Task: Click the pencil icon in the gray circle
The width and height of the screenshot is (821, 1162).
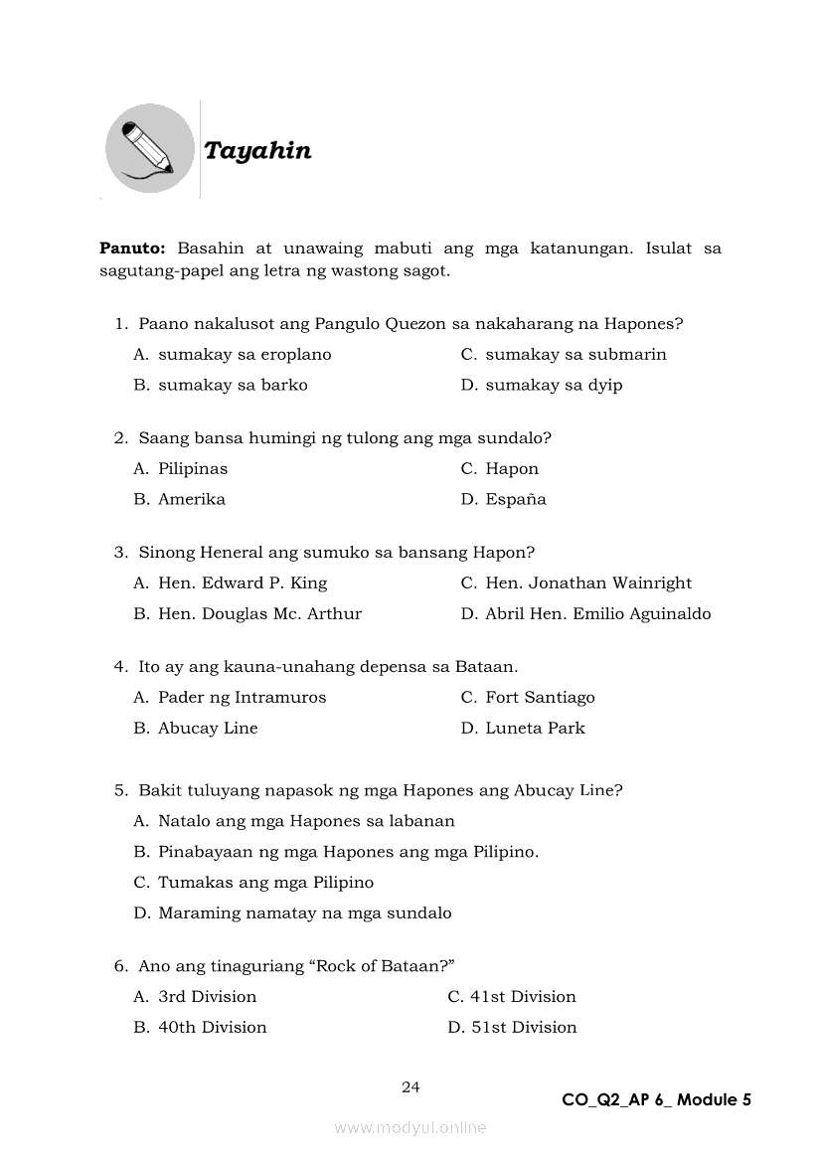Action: click(x=150, y=149)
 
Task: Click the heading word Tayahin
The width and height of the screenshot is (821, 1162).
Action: click(x=257, y=151)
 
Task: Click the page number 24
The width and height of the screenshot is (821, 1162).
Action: click(x=410, y=1087)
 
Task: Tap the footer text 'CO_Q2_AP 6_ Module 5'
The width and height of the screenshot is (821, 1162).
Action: click(x=656, y=1099)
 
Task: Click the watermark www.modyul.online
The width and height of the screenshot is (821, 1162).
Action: click(x=410, y=1127)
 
